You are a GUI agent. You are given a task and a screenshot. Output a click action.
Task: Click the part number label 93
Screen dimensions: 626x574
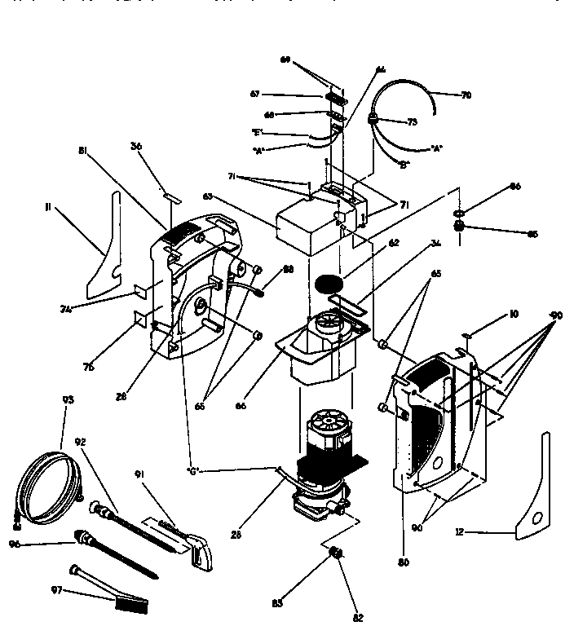pos(68,399)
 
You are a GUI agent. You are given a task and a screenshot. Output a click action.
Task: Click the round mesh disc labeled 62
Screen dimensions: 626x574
pos(330,286)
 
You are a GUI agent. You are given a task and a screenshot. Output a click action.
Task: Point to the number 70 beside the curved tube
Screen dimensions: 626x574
pos(466,95)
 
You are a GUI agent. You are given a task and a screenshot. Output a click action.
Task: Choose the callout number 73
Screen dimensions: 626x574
pos(412,121)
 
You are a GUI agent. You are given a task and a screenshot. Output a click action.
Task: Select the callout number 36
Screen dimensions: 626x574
pos(136,147)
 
